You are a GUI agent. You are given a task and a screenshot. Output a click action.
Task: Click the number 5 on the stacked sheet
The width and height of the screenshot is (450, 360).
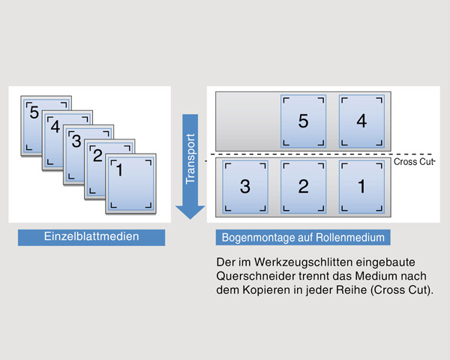click(34, 112)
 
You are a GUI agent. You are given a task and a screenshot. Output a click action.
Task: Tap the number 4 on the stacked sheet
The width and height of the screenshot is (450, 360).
click(55, 126)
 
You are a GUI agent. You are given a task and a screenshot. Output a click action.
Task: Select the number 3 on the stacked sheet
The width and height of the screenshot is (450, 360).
click(76, 141)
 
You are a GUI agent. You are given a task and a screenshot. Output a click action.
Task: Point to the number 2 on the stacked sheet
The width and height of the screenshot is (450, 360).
click(97, 155)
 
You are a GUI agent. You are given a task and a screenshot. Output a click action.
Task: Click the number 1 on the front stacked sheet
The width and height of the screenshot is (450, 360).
click(120, 169)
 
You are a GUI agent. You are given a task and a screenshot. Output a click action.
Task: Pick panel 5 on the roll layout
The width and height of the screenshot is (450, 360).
click(303, 121)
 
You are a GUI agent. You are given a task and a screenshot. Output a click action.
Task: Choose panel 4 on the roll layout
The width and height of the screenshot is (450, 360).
click(361, 121)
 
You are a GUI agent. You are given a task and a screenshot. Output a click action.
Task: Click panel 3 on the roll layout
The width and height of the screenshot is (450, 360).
click(245, 187)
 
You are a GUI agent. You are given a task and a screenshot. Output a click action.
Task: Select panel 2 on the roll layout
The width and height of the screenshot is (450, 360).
click(303, 187)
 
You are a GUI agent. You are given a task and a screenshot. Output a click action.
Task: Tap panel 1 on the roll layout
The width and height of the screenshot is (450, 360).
click(361, 187)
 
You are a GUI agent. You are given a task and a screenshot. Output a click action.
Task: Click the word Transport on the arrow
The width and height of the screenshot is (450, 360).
click(190, 159)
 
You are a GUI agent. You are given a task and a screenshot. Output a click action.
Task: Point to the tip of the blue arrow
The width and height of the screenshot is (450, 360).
click(190, 219)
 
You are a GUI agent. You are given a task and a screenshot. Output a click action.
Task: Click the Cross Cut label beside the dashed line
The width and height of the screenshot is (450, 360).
click(413, 162)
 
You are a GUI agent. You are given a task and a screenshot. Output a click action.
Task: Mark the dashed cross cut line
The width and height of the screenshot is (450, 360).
click(322, 154)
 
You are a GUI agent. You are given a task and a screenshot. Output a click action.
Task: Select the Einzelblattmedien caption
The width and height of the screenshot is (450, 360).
click(91, 236)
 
